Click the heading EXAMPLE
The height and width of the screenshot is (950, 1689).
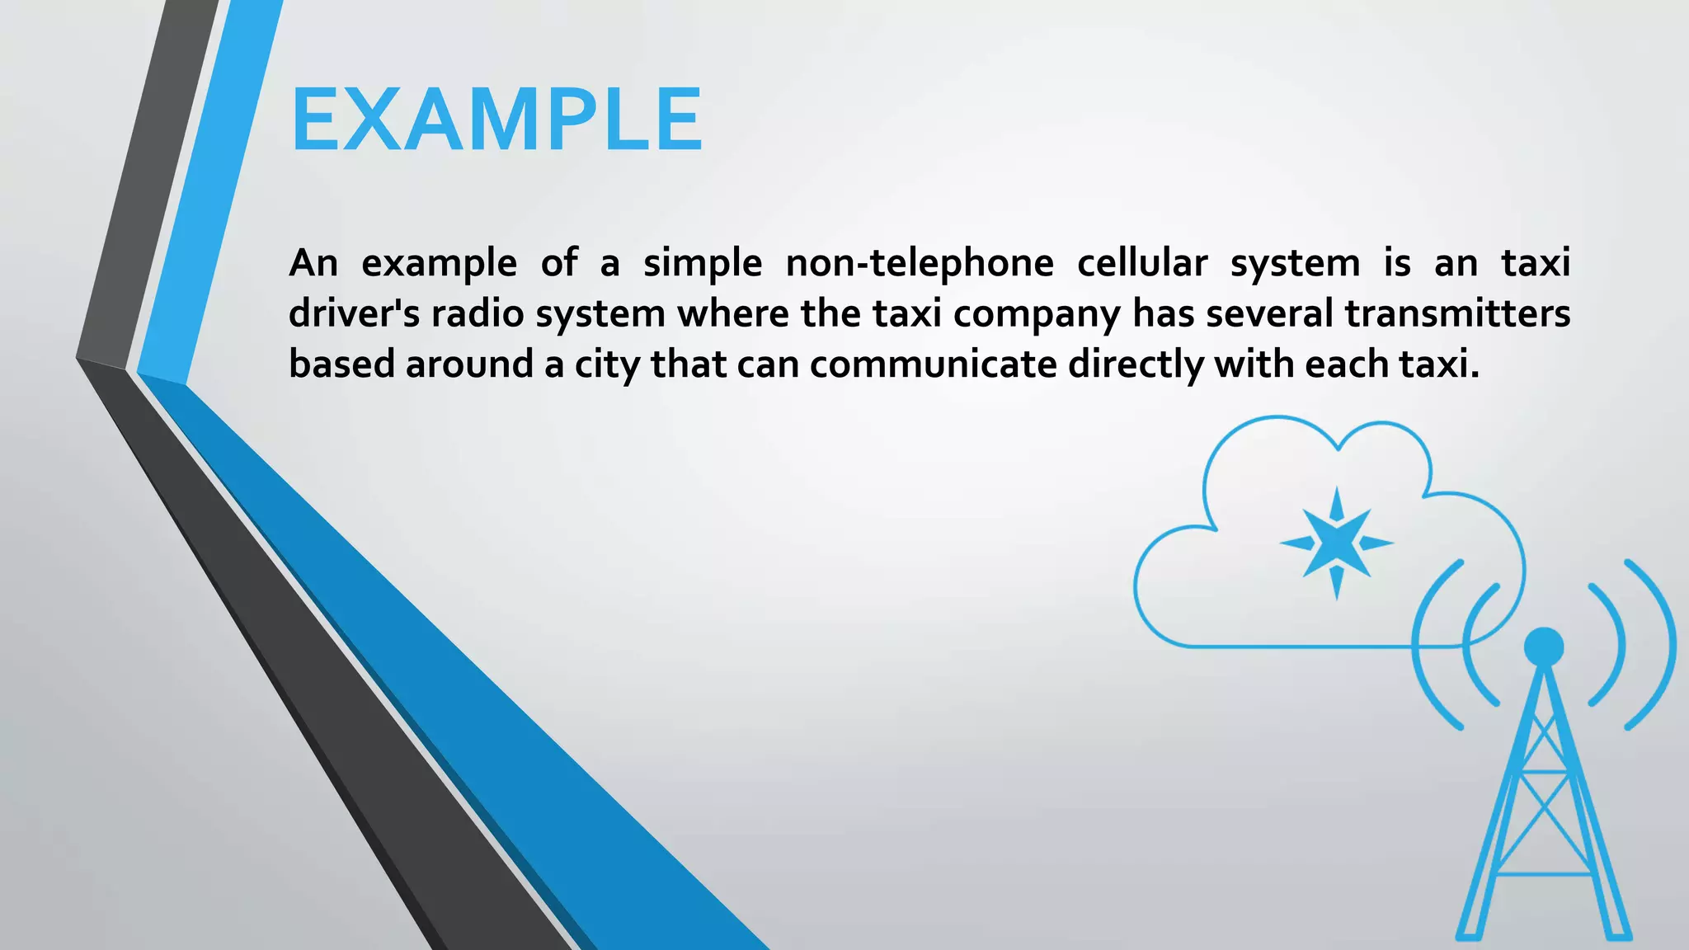(x=496, y=120)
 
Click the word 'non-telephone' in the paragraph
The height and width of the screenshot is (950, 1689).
(x=920, y=264)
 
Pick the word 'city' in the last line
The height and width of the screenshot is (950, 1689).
(x=607, y=365)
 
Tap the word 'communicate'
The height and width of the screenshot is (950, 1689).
(x=933, y=364)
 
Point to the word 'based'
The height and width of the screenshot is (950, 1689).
(x=341, y=364)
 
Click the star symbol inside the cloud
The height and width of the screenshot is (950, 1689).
(x=1336, y=543)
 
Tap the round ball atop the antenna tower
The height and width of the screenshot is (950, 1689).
(x=1543, y=647)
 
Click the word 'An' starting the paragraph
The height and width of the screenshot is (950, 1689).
(x=313, y=264)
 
